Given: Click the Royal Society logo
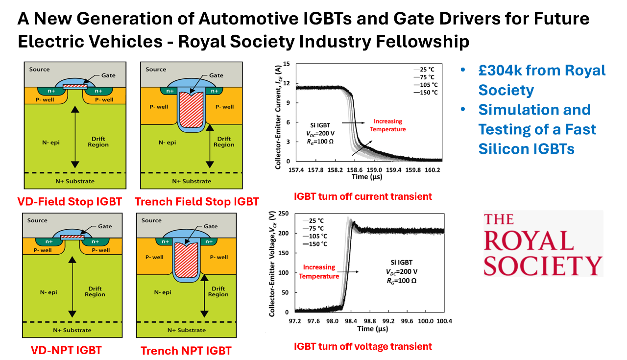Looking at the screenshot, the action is tap(543, 244).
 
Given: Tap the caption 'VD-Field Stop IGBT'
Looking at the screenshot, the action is tap(70, 202).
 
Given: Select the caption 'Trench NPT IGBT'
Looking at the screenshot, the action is tap(186, 351).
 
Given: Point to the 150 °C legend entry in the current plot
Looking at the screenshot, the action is tap(426, 93).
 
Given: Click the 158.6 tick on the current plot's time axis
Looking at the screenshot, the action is tap(355, 170).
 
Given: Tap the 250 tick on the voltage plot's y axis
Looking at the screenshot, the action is tap(283, 214).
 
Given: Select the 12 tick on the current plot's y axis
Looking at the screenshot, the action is tap(287, 83).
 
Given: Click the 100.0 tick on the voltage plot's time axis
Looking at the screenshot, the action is tap(426, 321).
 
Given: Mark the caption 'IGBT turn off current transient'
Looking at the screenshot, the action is tap(363, 196).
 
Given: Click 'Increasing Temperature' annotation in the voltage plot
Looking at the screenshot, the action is tap(319, 271).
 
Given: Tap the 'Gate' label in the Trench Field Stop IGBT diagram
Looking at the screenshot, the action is tap(216, 75).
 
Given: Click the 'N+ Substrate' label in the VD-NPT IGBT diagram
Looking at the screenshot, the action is tap(72, 330).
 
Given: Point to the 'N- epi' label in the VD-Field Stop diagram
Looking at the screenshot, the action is tap(51, 143).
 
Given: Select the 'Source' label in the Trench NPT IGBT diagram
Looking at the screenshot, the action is tap(151, 220).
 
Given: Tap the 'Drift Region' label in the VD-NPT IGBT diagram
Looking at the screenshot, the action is tap(95, 291).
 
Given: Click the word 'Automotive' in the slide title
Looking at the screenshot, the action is tap(249, 19).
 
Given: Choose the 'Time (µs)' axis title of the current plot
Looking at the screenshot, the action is tap(367, 177).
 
